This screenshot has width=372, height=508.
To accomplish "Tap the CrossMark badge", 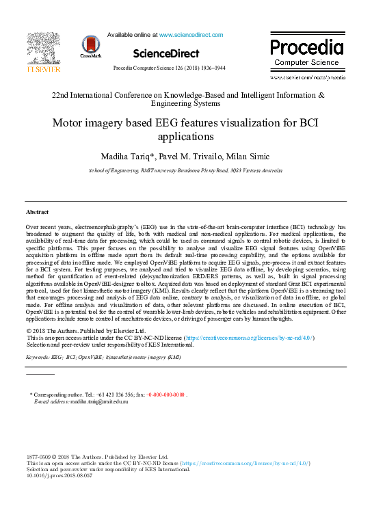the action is click(90, 46).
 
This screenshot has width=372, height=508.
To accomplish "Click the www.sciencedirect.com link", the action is click(191, 34).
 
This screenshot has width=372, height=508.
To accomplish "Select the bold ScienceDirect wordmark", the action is click(166, 53).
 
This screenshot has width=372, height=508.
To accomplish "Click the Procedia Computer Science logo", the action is click(306, 53).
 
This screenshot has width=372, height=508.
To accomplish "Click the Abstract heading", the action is click(37, 212).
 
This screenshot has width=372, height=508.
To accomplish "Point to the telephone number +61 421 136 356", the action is click(111, 395).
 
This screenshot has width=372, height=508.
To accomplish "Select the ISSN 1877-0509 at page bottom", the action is click(38, 456).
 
